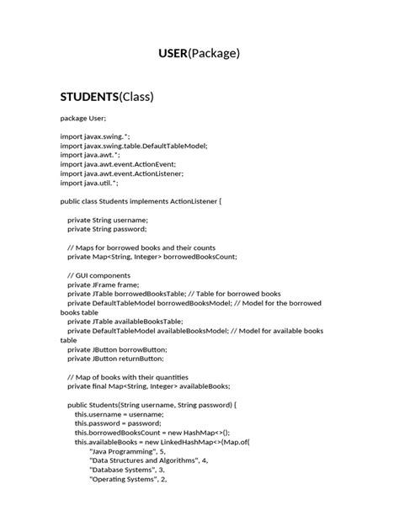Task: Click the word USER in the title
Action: [173, 54]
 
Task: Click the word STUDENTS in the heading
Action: [91, 96]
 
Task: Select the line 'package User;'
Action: [83, 119]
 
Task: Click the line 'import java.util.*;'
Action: [89, 183]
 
